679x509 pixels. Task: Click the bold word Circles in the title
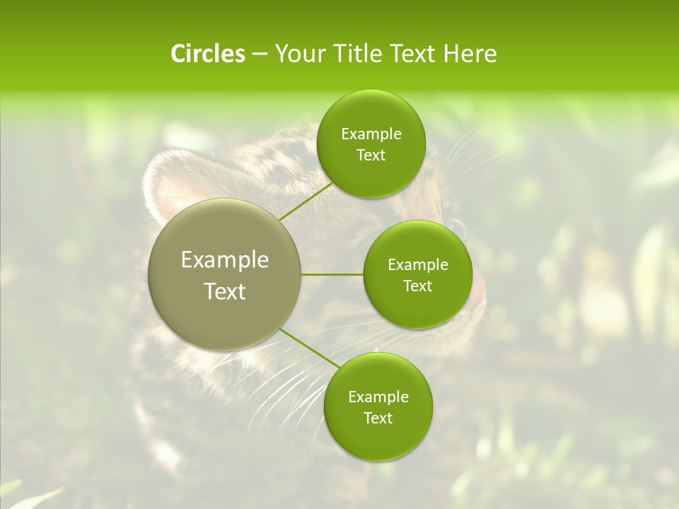(x=207, y=54)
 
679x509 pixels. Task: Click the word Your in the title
(x=299, y=54)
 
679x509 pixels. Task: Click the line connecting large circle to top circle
(x=306, y=202)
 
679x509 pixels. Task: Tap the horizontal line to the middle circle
(x=332, y=274)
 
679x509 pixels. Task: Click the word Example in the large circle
(x=225, y=260)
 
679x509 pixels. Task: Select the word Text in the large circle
(x=225, y=291)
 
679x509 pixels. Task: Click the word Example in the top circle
(x=371, y=134)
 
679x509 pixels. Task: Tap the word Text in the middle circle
(x=417, y=286)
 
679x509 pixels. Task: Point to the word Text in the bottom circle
(x=378, y=419)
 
